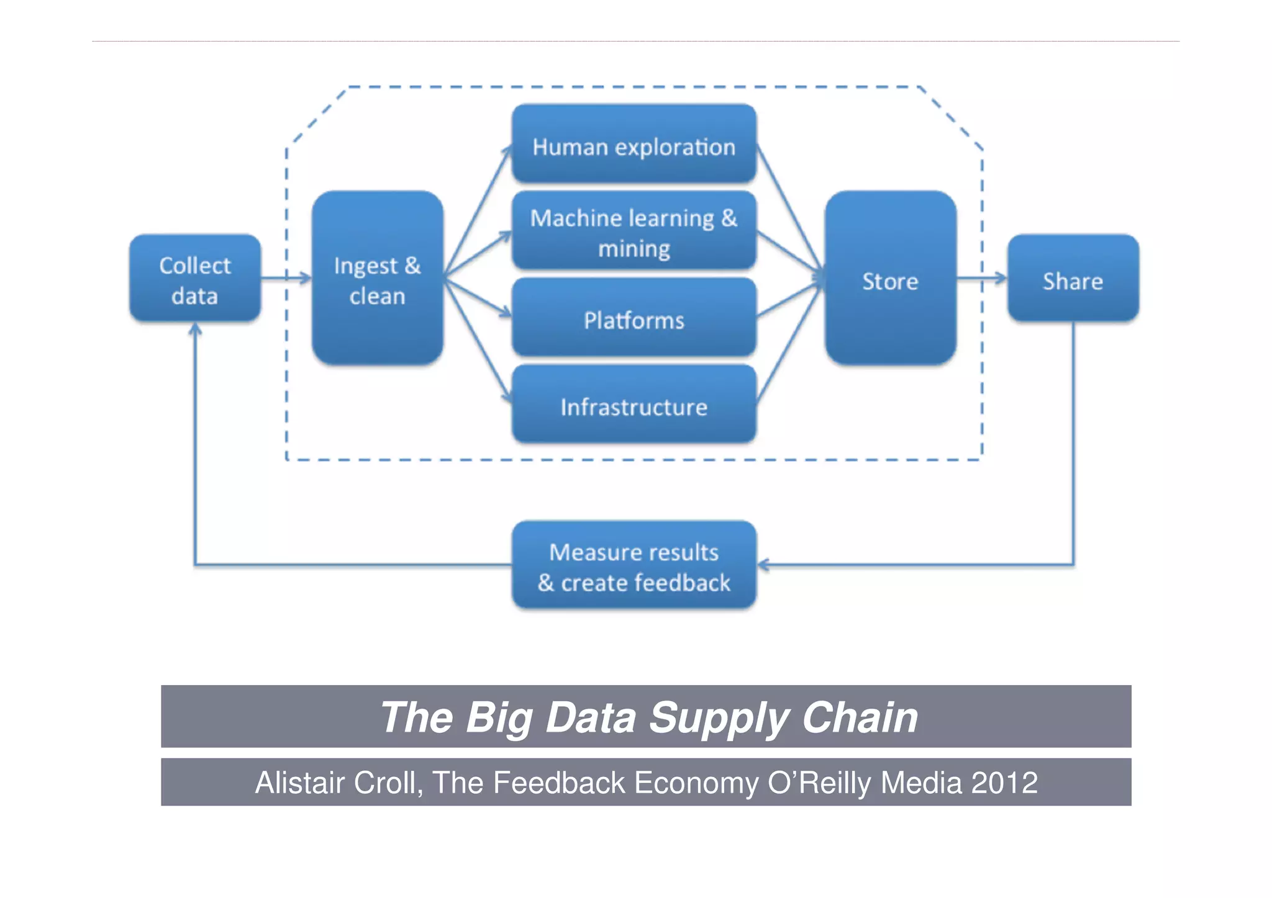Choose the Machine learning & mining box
click(634, 231)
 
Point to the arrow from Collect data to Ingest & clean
click(286, 278)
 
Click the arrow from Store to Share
click(981, 278)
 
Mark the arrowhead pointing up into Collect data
click(195, 329)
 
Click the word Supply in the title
click(718, 718)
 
